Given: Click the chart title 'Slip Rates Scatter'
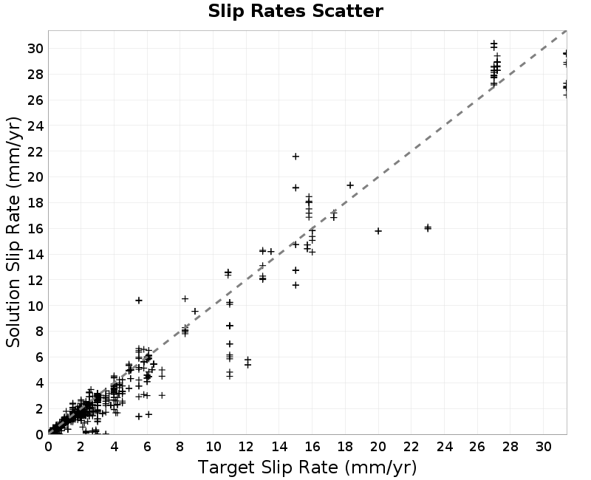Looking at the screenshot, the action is pyautogui.click(x=295, y=11).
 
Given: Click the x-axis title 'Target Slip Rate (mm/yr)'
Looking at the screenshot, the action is pyautogui.click(x=307, y=467).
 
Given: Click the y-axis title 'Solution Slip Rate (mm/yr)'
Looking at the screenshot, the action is pyautogui.click(x=13, y=232).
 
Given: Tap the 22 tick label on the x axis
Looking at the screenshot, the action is pyautogui.click(x=411, y=447).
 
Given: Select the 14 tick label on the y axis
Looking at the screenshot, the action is pyautogui.click(x=35, y=254).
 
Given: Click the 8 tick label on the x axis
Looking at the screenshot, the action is pyautogui.click(x=180, y=447).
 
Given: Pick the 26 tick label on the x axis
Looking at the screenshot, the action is pyautogui.click(x=477, y=447).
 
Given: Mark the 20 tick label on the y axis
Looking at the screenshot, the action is pyautogui.click(x=35, y=177).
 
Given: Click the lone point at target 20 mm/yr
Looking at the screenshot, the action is pyautogui.click(x=378, y=231).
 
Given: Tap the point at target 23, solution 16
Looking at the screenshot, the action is pyautogui.click(x=428, y=228).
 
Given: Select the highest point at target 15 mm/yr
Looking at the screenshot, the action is pyautogui.click(x=295, y=157).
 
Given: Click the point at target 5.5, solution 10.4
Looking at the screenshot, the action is pyautogui.click(x=139, y=301).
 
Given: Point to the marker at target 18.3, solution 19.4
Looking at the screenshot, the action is pyautogui.click(x=350, y=185).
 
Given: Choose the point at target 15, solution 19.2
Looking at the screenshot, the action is pyautogui.click(x=295, y=188).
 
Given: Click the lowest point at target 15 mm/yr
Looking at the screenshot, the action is pyautogui.click(x=295, y=285).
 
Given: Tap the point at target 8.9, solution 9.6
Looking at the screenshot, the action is pyautogui.click(x=195, y=311).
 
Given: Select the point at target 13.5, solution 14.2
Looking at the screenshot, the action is pyautogui.click(x=270, y=251).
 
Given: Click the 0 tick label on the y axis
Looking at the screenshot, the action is pyautogui.click(x=40, y=434).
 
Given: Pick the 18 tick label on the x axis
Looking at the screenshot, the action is pyautogui.click(x=345, y=447).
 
